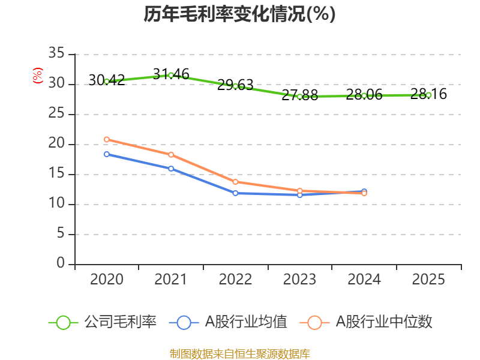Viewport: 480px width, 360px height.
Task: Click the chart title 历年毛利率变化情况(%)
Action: [x=239, y=14]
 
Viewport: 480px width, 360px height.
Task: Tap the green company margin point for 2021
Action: [x=171, y=75]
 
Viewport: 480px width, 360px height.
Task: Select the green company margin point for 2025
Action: [x=428, y=95]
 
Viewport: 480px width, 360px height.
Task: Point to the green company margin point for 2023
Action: [x=299, y=97]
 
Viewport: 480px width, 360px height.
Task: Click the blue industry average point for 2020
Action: [x=107, y=154]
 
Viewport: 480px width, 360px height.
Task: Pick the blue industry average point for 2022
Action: [x=235, y=193]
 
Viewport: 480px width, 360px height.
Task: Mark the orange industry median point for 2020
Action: [x=107, y=139]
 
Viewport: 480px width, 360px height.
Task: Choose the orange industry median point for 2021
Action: [x=171, y=155]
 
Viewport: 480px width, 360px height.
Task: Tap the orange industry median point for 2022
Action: [x=235, y=182]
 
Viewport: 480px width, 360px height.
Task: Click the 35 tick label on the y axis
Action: [x=57, y=54]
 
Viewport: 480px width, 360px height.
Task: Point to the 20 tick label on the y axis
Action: [x=57, y=144]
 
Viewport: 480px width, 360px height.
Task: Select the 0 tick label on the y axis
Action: [x=61, y=264]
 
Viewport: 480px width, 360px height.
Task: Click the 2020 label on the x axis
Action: [x=107, y=280]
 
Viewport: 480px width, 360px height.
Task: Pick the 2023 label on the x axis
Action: [x=299, y=280]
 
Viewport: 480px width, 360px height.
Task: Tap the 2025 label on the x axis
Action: [x=428, y=280]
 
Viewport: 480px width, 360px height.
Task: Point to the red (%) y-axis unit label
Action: [x=38, y=76]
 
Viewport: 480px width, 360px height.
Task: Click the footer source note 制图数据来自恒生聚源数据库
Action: [x=239, y=353]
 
